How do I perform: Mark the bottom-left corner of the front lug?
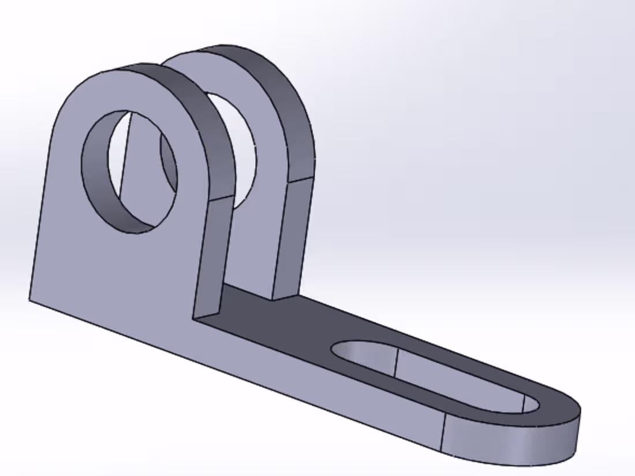tap(30, 299)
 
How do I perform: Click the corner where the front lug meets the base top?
tap(195, 317)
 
